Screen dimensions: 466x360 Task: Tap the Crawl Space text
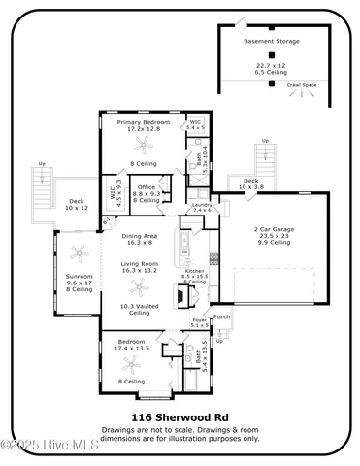click(301, 85)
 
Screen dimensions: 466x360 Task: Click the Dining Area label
click(140, 237)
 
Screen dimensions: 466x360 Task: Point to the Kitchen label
click(195, 272)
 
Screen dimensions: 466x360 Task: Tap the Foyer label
click(198, 323)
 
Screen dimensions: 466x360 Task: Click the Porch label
click(221, 316)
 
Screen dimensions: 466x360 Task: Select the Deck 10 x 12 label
click(77, 204)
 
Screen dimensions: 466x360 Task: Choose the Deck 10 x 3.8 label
click(250, 183)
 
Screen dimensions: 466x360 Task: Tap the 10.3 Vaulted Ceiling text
click(140, 310)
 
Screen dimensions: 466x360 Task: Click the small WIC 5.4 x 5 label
click(196, 125)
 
